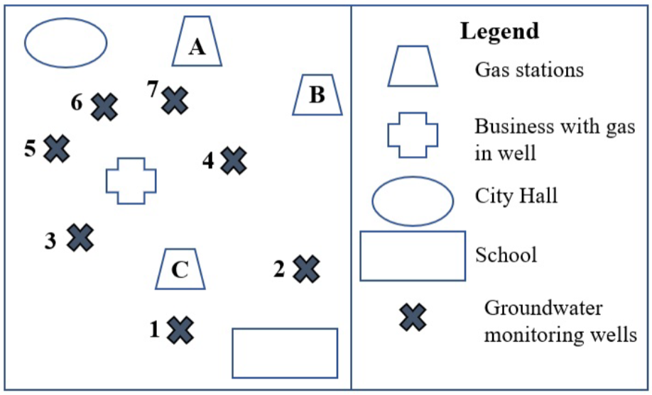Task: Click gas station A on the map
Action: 197,42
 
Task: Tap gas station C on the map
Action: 180,269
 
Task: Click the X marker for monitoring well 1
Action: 180,330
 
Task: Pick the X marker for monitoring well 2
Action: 306,269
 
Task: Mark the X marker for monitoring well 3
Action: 80,238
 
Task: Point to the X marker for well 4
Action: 234,161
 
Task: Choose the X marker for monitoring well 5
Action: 57,149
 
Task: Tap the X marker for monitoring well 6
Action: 104,107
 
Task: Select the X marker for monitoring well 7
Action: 175,100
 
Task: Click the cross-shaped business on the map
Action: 131,180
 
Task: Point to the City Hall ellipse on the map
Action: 66,43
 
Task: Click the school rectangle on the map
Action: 285,352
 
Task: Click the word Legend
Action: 499,31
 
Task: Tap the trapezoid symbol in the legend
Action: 413,66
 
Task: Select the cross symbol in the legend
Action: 412,135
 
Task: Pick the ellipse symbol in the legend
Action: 413,201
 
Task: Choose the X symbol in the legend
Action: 413,317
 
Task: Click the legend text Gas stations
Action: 529,69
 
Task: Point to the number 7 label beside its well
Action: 152,89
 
